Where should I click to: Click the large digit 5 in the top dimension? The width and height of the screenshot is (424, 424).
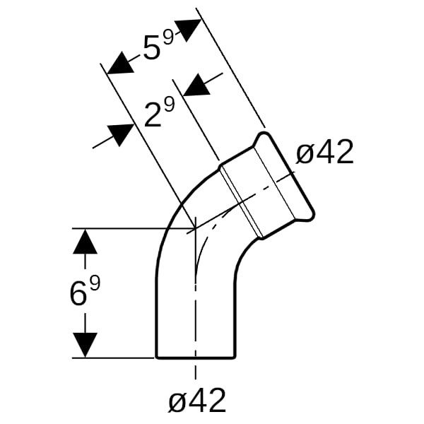coord(152,47)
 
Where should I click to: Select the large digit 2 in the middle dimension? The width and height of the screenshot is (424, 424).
coord(153,115)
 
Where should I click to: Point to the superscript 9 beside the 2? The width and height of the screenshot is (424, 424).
coord(170,104)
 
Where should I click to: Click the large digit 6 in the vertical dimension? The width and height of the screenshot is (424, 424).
coord(79,294)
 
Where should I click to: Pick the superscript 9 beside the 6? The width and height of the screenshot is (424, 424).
coord(95,283)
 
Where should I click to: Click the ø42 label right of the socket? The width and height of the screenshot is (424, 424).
coord(325,152)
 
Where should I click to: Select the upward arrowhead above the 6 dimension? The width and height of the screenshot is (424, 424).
coord(86,241)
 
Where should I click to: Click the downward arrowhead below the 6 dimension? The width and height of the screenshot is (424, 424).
coord(86,345)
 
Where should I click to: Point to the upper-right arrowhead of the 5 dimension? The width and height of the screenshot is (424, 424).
coord(189,30)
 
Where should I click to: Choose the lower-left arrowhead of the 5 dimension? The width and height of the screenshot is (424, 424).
coord(120,64)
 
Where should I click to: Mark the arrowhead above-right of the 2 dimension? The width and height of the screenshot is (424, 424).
coord(196,84)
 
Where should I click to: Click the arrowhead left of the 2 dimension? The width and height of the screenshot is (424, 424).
coord(121,135)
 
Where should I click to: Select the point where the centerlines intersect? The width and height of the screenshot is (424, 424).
coord(195,229)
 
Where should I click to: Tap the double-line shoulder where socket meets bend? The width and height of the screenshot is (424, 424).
coord(241,201)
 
